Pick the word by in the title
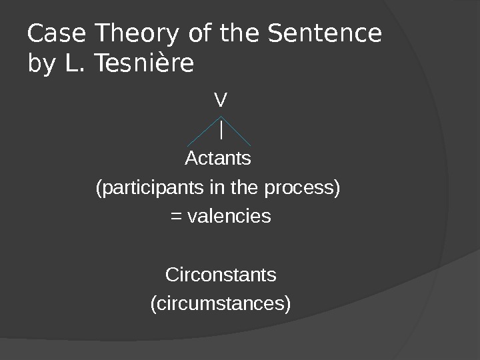[x=41, y=65]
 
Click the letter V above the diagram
[x=220, y=101]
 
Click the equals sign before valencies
[x=177, y=217]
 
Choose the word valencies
[x=229, y=217]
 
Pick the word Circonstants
[x=220, y=275]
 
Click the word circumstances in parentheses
[x=221, y=304]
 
